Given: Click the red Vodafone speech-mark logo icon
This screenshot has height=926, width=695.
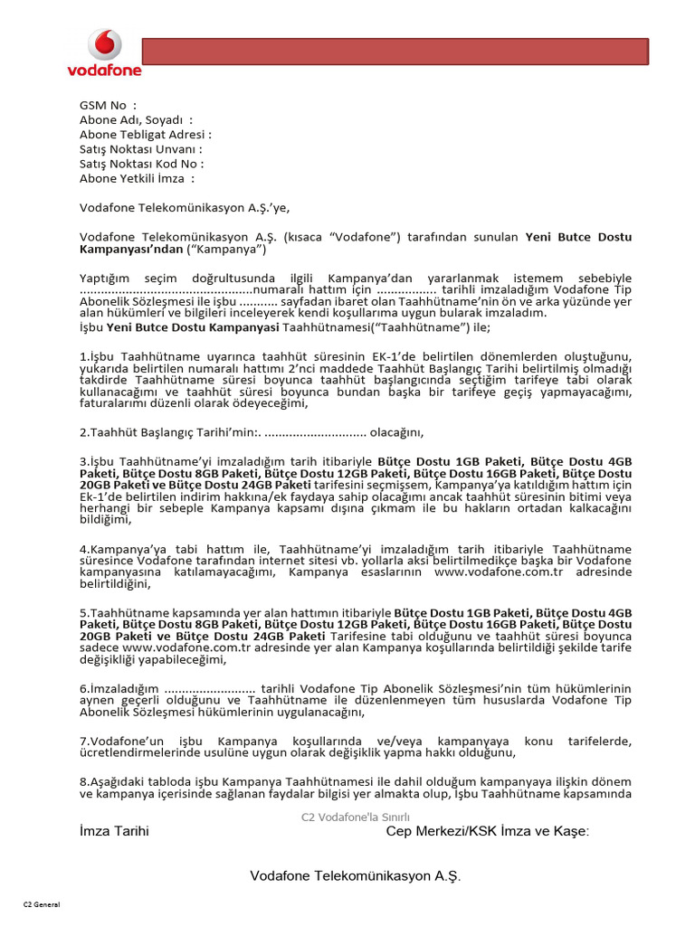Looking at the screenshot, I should pos(104,45).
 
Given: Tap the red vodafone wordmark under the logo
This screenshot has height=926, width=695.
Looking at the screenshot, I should pos(104,70).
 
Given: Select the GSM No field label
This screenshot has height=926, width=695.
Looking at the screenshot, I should pos(109,106).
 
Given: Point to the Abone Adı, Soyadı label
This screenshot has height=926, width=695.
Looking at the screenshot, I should pos(136,120).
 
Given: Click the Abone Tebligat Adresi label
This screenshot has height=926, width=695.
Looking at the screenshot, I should pos(145,135).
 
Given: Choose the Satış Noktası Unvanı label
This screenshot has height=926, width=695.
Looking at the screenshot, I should pos(140,149).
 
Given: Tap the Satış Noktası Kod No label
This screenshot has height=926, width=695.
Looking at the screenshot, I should pos(141,164).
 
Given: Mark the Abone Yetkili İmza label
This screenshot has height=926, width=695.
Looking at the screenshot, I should pos(137,178).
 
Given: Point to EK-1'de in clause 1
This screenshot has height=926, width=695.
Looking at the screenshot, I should pos(402,356).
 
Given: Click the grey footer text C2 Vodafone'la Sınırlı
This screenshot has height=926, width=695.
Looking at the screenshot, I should pos(349,817).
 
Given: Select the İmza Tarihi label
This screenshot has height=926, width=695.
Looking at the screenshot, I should pos(114,831).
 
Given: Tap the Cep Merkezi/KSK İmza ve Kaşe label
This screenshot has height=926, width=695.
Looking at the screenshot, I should pos(487,831).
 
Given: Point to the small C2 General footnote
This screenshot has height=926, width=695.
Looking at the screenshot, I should pos(41,903).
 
